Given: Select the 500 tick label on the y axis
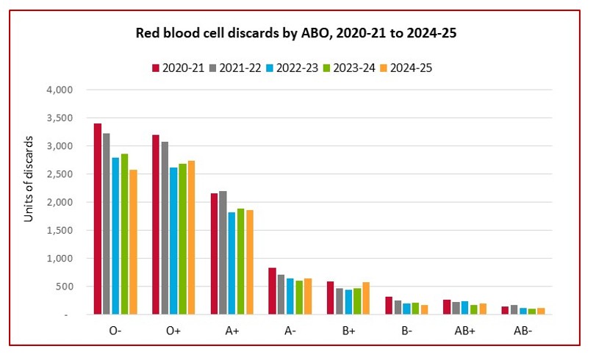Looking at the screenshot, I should (x=66, y=287).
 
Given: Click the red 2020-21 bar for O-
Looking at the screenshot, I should (x=98, y=219).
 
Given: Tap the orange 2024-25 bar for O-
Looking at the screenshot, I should (x=133, y=242).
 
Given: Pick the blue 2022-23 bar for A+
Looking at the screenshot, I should (x=232, y=263).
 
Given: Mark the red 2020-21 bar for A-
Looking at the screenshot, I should (x=273, y=291).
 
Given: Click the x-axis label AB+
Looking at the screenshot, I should (x=466, y=331).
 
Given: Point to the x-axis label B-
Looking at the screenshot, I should (x=407, y=331).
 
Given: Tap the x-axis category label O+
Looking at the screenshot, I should (x=173, y=331).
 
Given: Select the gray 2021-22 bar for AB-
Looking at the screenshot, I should (x=514, y=309).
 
